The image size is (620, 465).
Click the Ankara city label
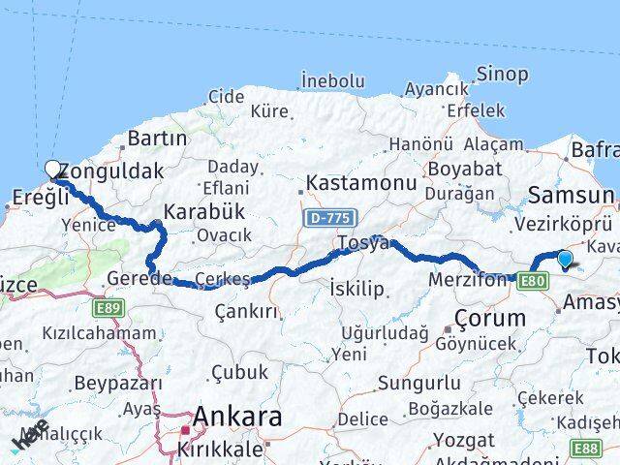coord(237,417)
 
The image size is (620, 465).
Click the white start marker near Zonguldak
coord(52,170)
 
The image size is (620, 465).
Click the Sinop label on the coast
coord(502,74)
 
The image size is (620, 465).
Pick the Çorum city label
coord(489,318)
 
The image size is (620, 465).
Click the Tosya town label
coord(362,242)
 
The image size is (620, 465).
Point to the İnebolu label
coord(332,80)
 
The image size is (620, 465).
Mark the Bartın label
coord(156,139)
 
